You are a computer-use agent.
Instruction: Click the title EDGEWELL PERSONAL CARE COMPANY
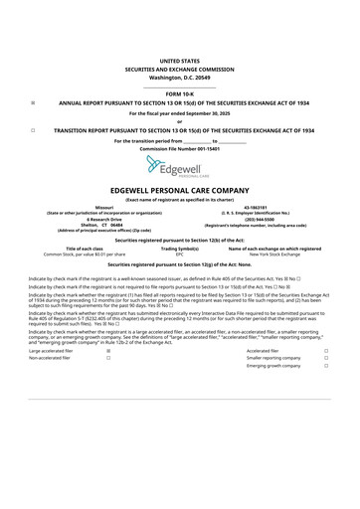click(x=179, y=189)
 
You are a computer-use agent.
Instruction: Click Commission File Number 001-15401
click(x=179, y=148)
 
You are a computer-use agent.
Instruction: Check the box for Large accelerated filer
click(x=107, y=351)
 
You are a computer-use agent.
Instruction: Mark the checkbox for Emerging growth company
click(x=325, y=365)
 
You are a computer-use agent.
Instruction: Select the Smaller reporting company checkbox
click(x=325, y=358)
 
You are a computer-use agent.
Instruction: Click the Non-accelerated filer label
click(x=50, y=358)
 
